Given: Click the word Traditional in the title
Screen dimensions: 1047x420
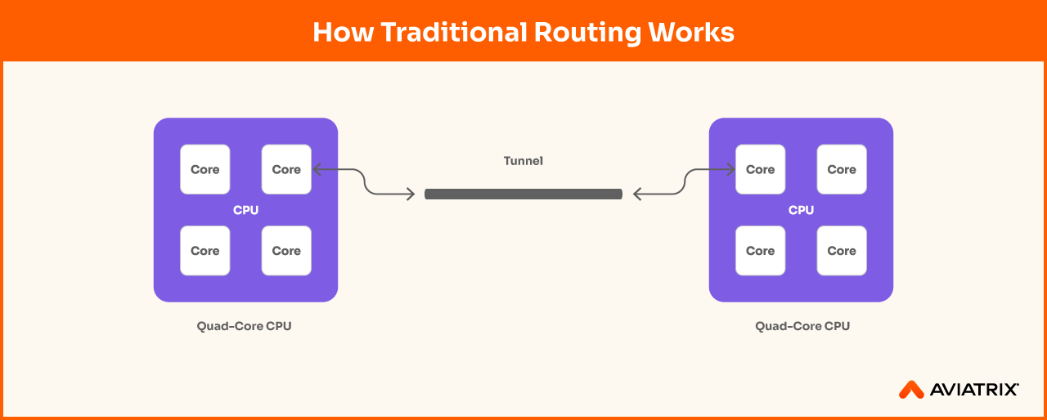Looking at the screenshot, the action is tap(454, 32).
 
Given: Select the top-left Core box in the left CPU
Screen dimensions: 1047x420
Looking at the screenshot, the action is tap(205, 169).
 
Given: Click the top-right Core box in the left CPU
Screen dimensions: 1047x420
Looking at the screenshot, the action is tap(286, 169).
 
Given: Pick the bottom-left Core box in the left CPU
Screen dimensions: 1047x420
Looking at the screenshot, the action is tap(205, 251).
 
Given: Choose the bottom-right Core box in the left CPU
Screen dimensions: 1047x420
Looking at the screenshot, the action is tap(286, 251).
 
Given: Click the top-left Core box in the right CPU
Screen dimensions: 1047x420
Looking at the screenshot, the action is tap(761, 169).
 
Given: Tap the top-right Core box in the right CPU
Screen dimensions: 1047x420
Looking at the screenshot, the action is tap(842, 169).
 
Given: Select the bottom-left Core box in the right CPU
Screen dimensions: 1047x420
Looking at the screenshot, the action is tap(761, 251).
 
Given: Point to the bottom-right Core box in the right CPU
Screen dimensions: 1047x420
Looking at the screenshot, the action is tap(842, 251).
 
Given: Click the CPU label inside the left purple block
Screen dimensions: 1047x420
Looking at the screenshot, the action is tap(246, 210).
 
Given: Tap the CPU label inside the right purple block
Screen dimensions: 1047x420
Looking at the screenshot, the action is tap(801, 210).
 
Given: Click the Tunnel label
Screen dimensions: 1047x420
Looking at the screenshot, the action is tap(523, 161).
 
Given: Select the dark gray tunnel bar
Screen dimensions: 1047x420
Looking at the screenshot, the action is tap(523, 194).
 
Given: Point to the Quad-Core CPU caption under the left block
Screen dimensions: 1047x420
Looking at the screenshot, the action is tap(244, 326).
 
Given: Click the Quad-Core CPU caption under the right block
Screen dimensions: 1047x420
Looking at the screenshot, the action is tap(802, 326).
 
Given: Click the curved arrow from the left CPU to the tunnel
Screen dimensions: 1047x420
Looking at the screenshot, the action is tap(364, 181).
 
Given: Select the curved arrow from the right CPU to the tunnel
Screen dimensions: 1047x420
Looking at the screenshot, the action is tap(685, 181).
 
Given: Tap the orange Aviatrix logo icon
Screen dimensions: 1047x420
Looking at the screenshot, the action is tap(911, 390).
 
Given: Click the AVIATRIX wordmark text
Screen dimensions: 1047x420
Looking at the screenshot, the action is tap(974, 390).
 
